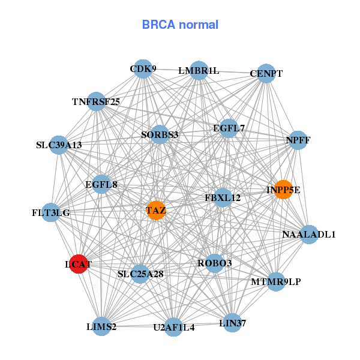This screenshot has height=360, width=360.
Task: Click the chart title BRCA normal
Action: [180, 25]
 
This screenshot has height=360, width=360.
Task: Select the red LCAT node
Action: [79, 264]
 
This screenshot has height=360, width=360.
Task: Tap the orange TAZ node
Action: [156, 210]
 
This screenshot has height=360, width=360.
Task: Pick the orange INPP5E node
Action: [283, 190]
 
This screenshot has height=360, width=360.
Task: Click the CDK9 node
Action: [143, 69]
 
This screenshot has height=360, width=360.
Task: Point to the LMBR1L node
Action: [199, 70]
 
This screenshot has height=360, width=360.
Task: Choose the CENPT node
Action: [266, 74]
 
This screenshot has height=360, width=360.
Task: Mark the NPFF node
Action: [298, 140]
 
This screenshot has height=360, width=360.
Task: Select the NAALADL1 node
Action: [308, 234]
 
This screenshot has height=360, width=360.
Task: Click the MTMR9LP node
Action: [275, 281]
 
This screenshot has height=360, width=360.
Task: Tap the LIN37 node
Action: [232, 323]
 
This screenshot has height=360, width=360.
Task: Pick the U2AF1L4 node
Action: [173, 327]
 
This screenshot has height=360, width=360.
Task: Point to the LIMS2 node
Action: [101, 326]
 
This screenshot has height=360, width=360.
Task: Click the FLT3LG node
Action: [51, 212]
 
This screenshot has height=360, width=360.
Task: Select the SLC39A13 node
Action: [59, 145]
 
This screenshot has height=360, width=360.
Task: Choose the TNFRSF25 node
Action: [96, 101]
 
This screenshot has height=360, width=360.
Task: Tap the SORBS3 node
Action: [160, 134]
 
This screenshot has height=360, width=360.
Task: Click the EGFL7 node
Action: [229, 128]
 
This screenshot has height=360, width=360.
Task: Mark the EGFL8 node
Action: [101, 184]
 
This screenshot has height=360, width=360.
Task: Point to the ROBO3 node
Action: [215, 263]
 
